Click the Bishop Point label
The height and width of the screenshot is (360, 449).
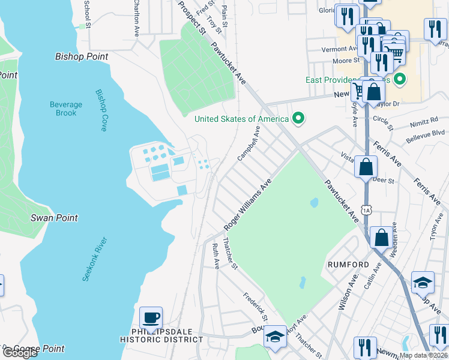pyautogui.click(x=82, y=56)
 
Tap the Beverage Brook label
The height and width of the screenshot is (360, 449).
pyautogui.click(x=66, y=109)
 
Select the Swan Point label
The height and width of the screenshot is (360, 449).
pyautogui.click(x=54, y=217)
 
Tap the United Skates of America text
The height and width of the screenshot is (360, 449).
pyautogui.click(x=242, y=118)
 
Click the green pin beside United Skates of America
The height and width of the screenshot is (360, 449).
pyautogui.click(x=297, y=118)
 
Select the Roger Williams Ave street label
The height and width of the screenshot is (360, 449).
pyautogui.click(x=248, y=205)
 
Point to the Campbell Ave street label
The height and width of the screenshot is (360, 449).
pyautogui.click(x=249, y=143)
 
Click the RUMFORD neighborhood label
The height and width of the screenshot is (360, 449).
pyautogui.click(x=348, y=264)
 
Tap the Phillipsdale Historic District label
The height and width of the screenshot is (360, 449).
pyautogui.click(x=161, y=335)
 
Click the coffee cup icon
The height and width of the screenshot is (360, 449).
pyautogui.click(x=151, y=317)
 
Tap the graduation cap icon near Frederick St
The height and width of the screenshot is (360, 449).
pyautogui.click(x=276, y=336)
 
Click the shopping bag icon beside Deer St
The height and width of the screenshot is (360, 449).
pyautogui.click(x=366, y=166)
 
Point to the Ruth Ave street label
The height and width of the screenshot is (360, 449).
pyautogui.click(x=215, y=256)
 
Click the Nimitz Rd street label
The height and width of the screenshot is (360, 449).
pyautogui.click(x=424, y=120)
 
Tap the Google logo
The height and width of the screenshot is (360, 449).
pyautogui.click(x=19, y=353)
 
